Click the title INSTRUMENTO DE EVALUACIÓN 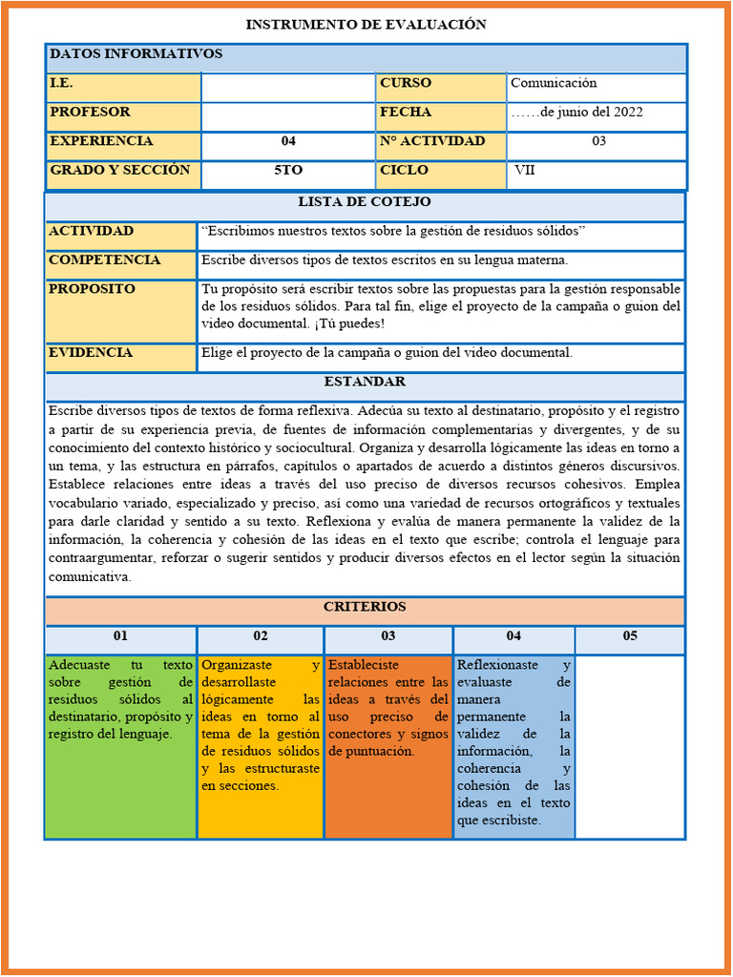366,25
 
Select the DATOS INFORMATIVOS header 136,54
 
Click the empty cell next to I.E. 288,87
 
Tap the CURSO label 406,84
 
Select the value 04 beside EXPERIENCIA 288,141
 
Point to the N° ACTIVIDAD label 432,141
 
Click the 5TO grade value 288,171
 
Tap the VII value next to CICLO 525,171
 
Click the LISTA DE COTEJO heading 365,202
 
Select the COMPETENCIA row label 105,260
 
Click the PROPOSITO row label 93,289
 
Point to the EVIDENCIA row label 91,353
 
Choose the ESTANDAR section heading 365,383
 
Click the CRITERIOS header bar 365,607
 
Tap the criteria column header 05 630,636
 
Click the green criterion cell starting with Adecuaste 120,746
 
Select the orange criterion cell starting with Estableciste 388,746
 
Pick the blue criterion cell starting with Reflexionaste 513,746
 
